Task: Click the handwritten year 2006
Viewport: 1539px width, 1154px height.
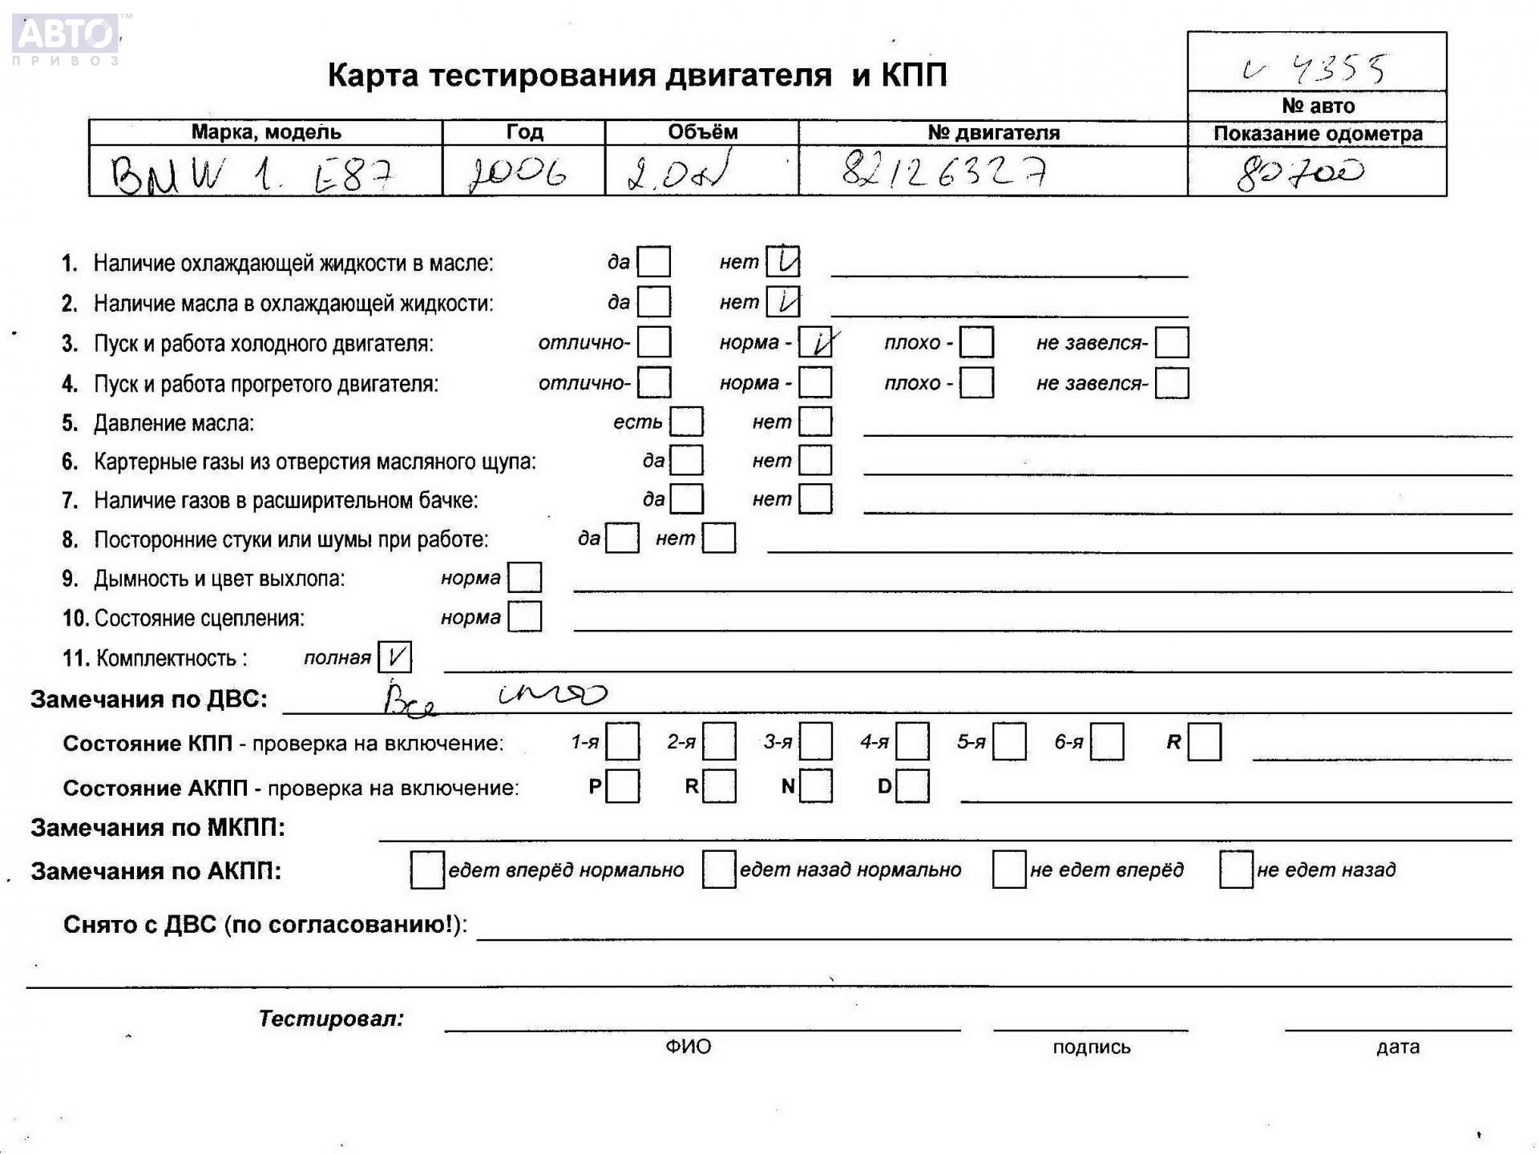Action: pyautogui.click(x=519, y=172)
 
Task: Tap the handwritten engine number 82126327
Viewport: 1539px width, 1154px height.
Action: pyautogui.click(x=943, y=171)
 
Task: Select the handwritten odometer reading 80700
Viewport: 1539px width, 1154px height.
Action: pyautogui.click(x=1299, y=172)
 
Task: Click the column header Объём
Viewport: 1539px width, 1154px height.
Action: pyautogui.click(x=702, y=132)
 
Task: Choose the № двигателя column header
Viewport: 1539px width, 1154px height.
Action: pyautogui.click(x=993, y=133)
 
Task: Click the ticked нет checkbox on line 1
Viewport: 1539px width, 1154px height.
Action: pyautogui.click(x=782, y=262)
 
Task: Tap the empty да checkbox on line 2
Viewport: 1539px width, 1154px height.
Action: pyautogui.click(x=654, y=302)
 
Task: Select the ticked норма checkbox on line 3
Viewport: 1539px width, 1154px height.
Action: pyautogui.click(x=816, y=343)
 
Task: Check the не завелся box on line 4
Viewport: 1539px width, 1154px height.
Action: pyautogui.click(x=1172, y=383)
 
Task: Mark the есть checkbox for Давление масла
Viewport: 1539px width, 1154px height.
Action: pyautogui.click(x=686, y=422)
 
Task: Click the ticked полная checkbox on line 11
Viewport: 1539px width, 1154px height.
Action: pyautogui.click(x=394, y=658)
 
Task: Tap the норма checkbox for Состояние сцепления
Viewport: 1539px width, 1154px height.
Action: pyautogui.click(x=525, y=617)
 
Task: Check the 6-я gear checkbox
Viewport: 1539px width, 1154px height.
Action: pyautogui.click(x=1106, y=742)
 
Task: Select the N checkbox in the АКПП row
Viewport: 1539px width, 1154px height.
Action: pyautogui.click(x=816, y=786)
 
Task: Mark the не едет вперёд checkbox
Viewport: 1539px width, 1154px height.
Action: pyautogui.click(x=1008, y=870)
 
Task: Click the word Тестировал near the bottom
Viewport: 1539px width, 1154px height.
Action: pyautogui.click(x=331, y=1019)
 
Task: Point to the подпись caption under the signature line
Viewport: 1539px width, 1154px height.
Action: pyautogui.click(x=1091, y=1047)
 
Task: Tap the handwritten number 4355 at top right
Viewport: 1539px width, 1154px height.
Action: pyautogui.click(x=1338, y=69)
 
